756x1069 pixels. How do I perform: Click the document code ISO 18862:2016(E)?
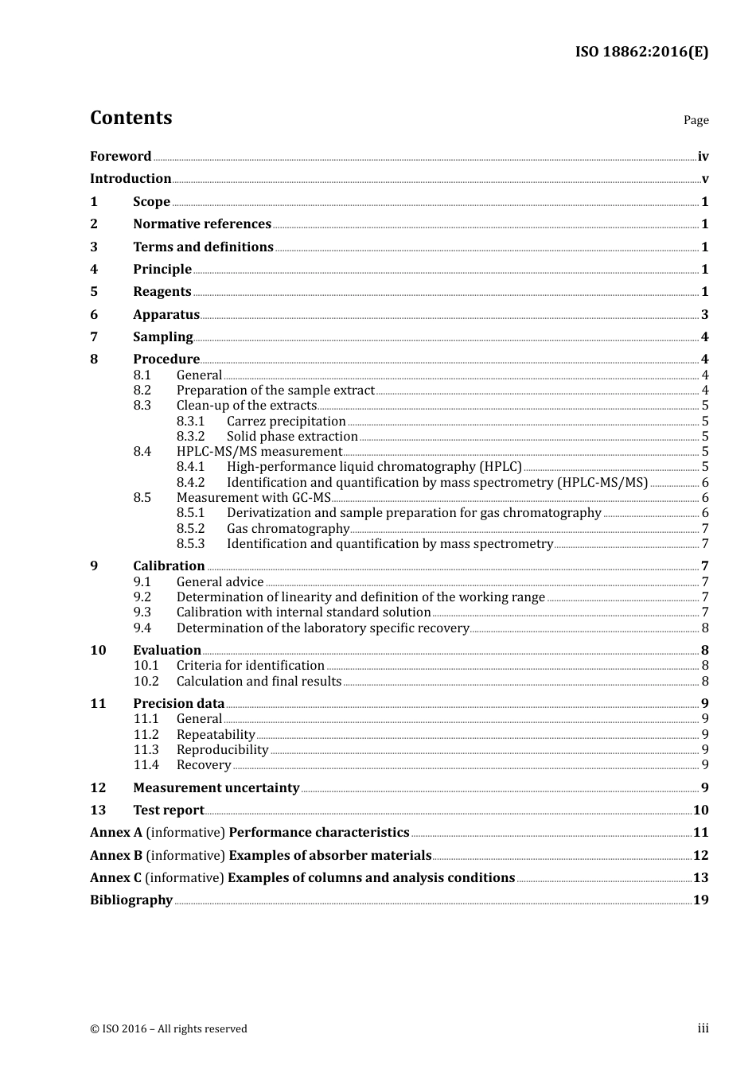(641, 52)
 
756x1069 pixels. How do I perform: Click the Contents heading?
(131, 118)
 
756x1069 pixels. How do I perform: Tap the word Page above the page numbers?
(696, 120)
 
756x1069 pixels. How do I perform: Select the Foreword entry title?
(120, 157)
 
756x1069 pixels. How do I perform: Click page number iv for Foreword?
(703, 157)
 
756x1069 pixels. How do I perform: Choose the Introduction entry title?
(131, 179)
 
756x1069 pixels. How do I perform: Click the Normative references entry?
(202, 224)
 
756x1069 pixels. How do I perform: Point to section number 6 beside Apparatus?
(94, 315)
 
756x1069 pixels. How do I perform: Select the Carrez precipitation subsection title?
(286, 422)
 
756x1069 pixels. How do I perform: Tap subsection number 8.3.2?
(190, 437)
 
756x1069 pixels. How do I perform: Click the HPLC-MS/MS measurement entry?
(259, 452)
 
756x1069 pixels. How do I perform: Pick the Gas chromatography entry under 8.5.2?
(288, 529)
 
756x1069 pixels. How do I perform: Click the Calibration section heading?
(169, 566)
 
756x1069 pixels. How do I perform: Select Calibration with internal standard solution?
(303, 612)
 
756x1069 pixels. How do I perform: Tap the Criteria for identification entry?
(250, 666)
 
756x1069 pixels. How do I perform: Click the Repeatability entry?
(216, 735)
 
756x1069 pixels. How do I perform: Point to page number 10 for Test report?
(700, 810)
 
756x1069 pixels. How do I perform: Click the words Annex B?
(116, 856)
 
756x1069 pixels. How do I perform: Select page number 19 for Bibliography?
(700, 900)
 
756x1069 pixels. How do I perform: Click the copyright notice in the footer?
(169, 1029)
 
